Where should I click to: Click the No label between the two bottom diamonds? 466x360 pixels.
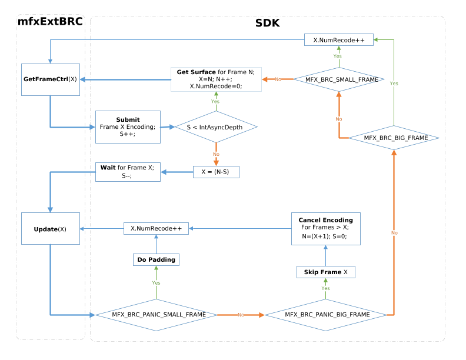(241, 315)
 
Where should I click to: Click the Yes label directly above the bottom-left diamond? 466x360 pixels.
(156, 283)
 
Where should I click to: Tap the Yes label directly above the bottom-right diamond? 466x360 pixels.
(325, 288)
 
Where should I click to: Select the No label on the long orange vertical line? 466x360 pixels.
(394, 233)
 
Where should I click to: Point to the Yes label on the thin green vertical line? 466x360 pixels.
(394, 84)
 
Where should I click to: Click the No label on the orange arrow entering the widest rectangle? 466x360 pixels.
(278, 79)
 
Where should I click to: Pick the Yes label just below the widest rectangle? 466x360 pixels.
(215, 102)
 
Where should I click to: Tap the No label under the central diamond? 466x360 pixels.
(216, 154)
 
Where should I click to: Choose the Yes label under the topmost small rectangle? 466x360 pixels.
(337, 56)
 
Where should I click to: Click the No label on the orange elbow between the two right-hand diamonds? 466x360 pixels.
(339, 119)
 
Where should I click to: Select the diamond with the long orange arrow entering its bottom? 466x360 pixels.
(394, 138)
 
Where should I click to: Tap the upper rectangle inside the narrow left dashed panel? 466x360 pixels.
(51, 79)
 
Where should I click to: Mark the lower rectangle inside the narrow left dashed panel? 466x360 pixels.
(51, 228)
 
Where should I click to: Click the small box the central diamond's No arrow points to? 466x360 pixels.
(216, 172)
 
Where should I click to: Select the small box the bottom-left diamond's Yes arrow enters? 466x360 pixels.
(156, 259)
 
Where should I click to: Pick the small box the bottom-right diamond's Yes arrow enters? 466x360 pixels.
(325, 272)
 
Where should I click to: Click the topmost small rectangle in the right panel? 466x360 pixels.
(338, 39)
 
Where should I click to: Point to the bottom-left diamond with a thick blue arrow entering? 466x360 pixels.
(156, 315)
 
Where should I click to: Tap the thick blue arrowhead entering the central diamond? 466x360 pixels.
(172, 126)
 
